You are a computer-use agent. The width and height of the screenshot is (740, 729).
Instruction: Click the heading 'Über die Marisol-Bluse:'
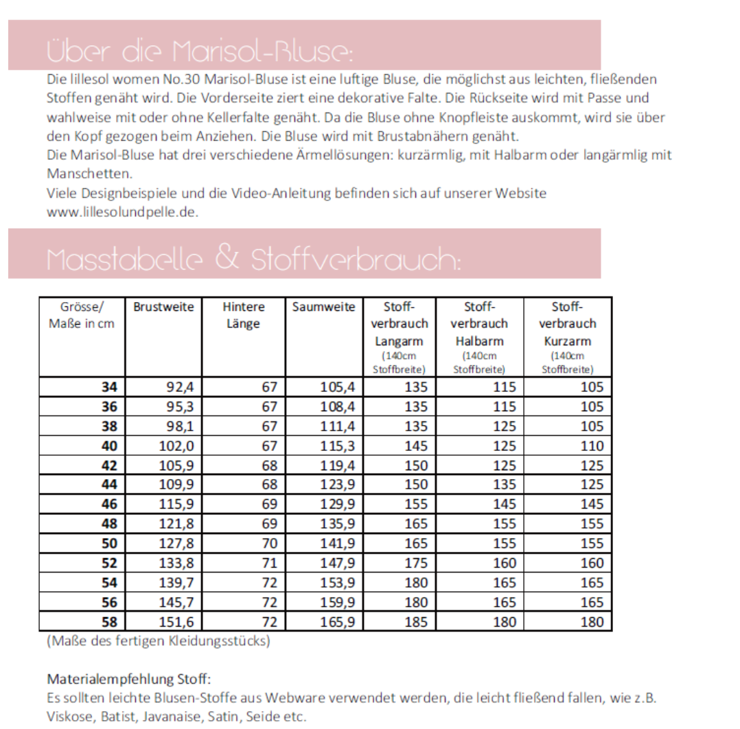(200, 51)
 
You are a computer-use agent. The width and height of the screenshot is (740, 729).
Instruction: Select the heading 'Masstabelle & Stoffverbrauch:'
(253, 259)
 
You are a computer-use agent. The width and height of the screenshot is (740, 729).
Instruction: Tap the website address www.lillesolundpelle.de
(122, 212)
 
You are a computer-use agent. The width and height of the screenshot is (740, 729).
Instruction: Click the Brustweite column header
(163, 307)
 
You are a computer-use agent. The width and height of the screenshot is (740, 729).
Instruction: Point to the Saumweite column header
(323, 307)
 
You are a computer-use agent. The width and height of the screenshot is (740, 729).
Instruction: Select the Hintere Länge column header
(243, 315)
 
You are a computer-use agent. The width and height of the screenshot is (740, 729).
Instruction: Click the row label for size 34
(109, 386)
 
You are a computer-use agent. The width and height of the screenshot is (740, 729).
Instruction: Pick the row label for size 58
(109, 622)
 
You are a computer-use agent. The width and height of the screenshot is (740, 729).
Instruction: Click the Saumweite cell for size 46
(338, 504)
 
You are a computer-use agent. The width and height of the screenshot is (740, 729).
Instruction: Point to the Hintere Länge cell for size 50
(270, 543)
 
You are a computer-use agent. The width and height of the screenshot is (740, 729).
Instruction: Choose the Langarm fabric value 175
(416, 563)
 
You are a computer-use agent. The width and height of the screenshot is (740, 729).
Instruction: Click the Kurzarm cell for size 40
(592, 445)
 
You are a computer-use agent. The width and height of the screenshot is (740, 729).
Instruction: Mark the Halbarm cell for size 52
(505, 563)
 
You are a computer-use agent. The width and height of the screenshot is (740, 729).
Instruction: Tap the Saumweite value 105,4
(338, 386)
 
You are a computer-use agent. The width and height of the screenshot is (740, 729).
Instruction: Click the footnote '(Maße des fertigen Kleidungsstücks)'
(159, 642)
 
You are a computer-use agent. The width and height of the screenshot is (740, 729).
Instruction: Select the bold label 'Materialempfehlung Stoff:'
(128, 679)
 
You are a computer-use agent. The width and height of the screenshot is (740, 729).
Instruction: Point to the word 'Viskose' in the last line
(69, 716)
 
